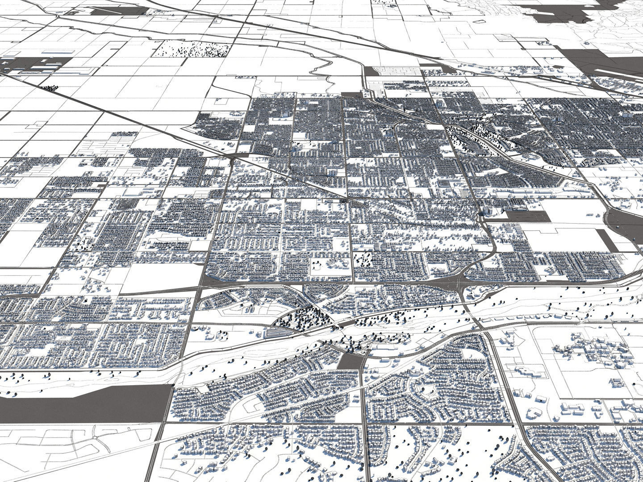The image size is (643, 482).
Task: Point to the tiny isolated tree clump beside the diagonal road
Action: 50,88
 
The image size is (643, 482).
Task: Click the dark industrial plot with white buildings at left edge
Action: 36,65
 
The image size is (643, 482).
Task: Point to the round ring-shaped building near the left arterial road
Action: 195,328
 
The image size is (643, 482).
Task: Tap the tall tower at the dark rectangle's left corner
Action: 486,210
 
